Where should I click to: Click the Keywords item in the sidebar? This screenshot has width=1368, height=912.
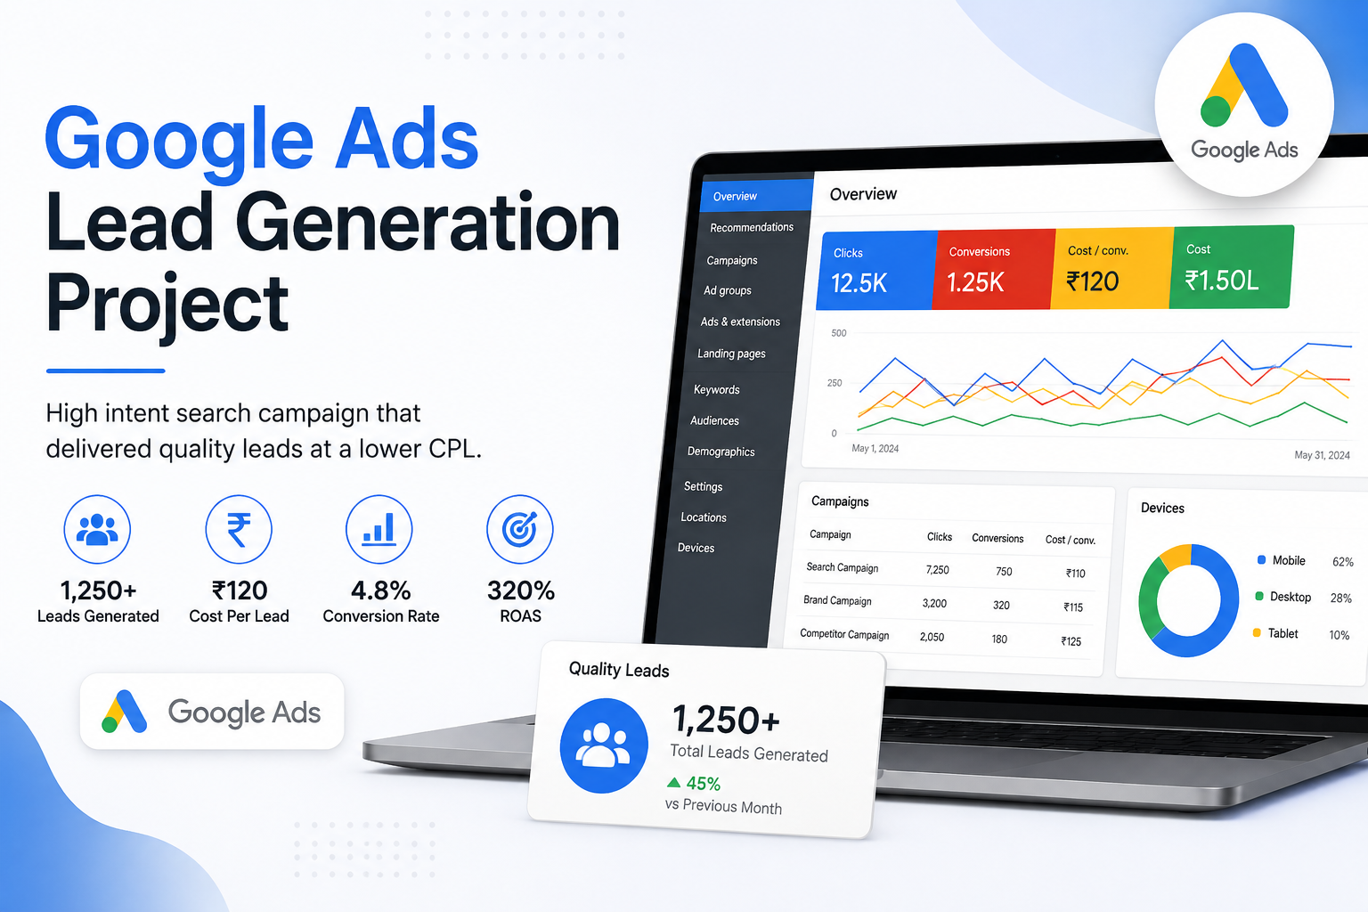pos(716,390)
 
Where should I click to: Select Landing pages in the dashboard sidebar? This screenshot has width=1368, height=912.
pos(731,354)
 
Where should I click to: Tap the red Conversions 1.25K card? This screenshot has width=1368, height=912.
pos(994,269)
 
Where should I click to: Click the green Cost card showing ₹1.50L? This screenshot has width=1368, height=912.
pos(1231,267)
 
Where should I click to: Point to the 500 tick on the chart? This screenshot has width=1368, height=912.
pos(838,333)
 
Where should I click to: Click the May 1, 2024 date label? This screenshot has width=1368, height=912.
pos(875,448)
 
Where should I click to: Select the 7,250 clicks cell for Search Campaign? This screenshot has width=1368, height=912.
pos(938,570)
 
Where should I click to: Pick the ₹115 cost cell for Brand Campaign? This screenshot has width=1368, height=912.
pos(1073,607)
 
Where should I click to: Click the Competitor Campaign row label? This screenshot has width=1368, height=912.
pos(844,634)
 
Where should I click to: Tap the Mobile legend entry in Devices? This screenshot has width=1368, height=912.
pos(1282,560)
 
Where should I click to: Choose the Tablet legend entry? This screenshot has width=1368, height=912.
pos(1275,633)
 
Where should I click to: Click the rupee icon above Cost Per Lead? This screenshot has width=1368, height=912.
pos(239,529)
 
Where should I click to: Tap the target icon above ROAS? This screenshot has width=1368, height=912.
pos(520,529)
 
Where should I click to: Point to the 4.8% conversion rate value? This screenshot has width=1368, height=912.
pos(380,590)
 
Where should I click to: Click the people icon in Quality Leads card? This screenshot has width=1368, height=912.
pos(604,745)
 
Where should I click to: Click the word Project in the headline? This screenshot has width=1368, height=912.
pos(167,304)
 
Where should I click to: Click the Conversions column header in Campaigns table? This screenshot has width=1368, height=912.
pos(997,538)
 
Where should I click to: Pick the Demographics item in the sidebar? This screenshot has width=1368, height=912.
pos(721,452)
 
